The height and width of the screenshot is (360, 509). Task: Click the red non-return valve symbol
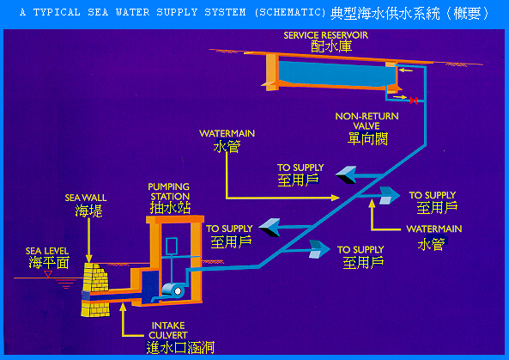[414, 101]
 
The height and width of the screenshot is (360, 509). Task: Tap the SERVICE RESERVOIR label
[325, 35]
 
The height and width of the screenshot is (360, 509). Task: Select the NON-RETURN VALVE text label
[367, 121]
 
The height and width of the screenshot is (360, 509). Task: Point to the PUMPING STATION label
[169, 192]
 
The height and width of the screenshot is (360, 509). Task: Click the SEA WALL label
[86, 198]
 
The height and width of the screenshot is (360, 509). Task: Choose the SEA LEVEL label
[47, 251]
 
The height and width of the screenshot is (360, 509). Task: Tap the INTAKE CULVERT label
[168, 330]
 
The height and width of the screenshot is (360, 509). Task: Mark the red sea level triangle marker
[48, 274]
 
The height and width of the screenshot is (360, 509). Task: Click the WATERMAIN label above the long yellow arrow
[227, 133]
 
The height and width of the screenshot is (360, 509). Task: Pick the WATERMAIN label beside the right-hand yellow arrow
[434, 229]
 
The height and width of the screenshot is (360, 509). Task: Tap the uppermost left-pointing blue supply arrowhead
[346, 174]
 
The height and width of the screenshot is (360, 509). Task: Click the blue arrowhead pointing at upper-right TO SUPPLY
[389, 195]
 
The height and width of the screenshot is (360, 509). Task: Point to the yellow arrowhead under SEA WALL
[89, 259]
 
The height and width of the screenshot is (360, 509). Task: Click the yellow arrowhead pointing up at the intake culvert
[123, 307]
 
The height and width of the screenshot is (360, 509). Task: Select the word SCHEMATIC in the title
[290, 12]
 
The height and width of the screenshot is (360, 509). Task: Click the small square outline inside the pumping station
[172, 247]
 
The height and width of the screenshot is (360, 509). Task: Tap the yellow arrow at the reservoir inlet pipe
[406, 70]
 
